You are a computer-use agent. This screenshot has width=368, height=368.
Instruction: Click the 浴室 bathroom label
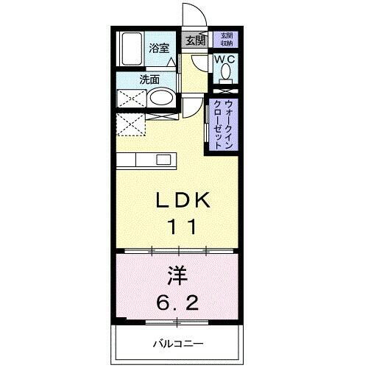(x=160, y=48)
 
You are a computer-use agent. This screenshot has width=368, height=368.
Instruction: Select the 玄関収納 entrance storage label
(x=225, y=40)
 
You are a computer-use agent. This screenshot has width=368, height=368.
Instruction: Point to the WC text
(x=224, y=59)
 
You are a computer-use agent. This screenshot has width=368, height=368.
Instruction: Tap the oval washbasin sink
(x=162, y=99)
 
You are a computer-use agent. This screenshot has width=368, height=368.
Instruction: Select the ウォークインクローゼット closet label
(x=224, y=124)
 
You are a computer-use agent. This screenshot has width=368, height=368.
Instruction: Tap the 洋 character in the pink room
(x=177, y=277)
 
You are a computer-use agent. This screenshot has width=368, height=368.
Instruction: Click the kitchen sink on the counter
(x=163, y=160)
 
